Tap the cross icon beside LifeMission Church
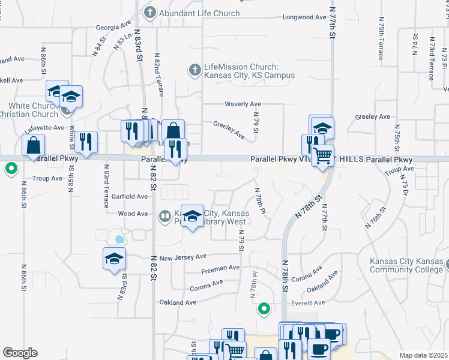point(194,70)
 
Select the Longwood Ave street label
point(305,17)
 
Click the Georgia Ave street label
point(113,27)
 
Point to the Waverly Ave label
point(243,104)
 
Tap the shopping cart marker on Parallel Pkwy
point(323,156)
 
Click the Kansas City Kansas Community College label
point(408,265)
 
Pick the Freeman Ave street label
point(220,268)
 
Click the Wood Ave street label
point(133,214)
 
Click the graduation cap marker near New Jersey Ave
point(113,259)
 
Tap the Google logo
point(20,353)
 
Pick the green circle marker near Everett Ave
point(263,309)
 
